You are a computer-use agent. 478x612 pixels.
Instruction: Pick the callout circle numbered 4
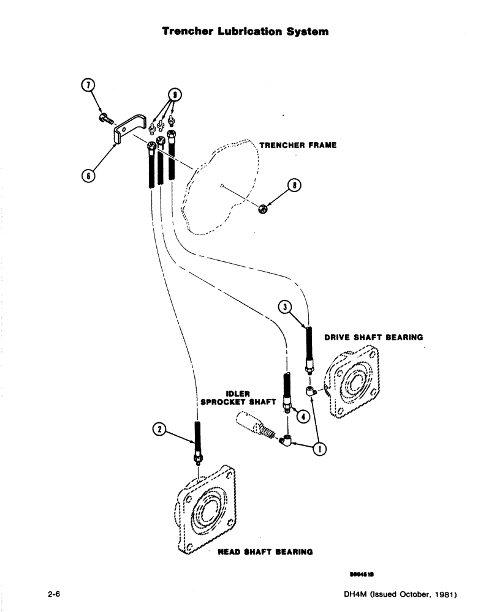pyautogui.click(x=301, y=414)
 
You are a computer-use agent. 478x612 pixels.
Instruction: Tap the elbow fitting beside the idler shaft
pyautogui.click(x=285, y=439)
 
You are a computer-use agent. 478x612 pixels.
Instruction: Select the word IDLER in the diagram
pyautogui.click(x=237, y=394)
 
